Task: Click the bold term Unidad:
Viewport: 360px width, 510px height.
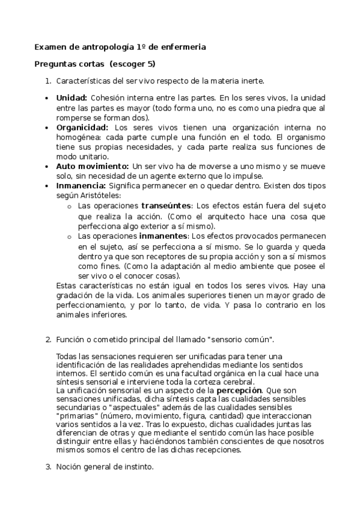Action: tap(72, 98)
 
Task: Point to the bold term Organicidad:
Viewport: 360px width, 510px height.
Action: tap(82, 127)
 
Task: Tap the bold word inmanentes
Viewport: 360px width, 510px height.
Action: tap(166, 236)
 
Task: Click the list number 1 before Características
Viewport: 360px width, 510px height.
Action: tap(48, 81)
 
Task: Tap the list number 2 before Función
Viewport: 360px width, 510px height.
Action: tap(48, 340)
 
